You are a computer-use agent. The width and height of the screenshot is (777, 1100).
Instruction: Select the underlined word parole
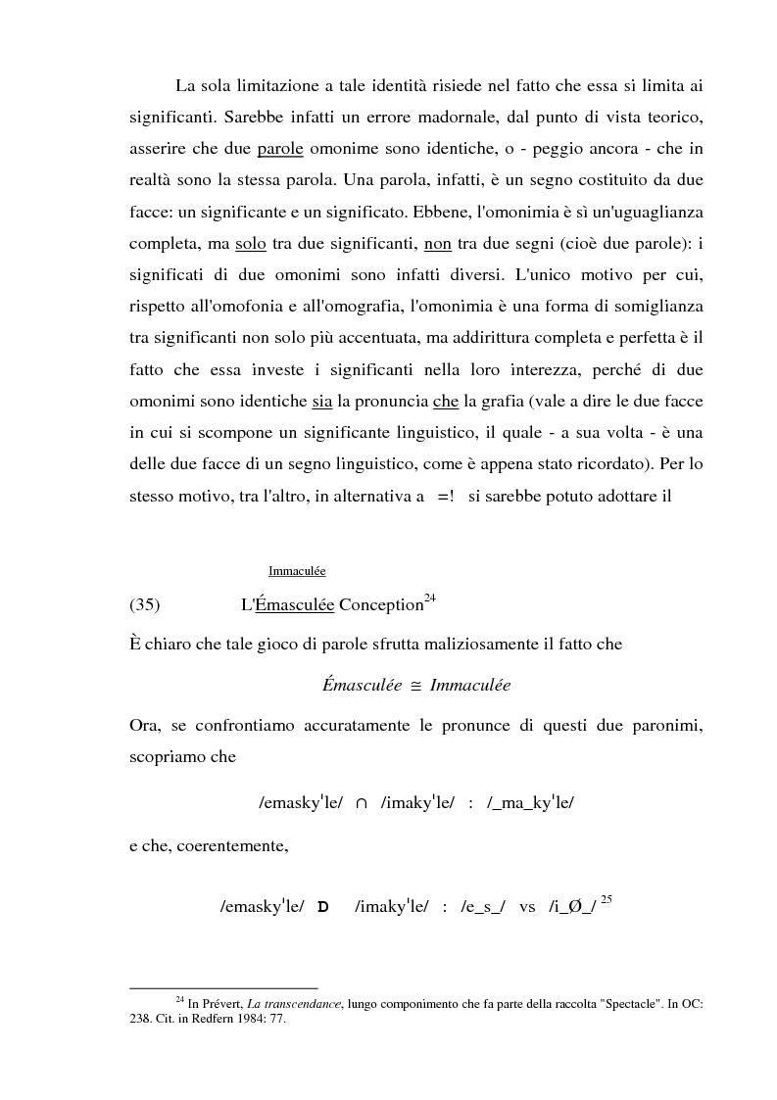(x=280, y=150)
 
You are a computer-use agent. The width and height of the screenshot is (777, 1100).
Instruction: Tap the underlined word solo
(x=252, y=244)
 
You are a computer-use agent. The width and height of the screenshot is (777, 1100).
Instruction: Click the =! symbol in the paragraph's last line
(x=446, y=496)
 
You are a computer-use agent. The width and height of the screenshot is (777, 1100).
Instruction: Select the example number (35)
(x=145, y=604)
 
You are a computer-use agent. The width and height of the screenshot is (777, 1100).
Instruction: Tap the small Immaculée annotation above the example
(x=297, y=571)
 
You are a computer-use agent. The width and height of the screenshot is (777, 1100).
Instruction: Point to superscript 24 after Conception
(x=429, y=598)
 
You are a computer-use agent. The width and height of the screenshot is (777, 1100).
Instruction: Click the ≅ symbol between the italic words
(x=415, y=686)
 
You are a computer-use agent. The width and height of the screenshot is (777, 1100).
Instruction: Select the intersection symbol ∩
(x=362, y=803)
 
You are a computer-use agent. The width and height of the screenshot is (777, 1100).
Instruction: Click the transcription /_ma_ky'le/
(x=530, y=803)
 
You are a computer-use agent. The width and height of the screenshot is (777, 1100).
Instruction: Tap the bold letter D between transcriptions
(x=322, y=907)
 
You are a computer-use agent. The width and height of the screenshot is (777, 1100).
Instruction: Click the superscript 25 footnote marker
(x=606, y=899)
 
